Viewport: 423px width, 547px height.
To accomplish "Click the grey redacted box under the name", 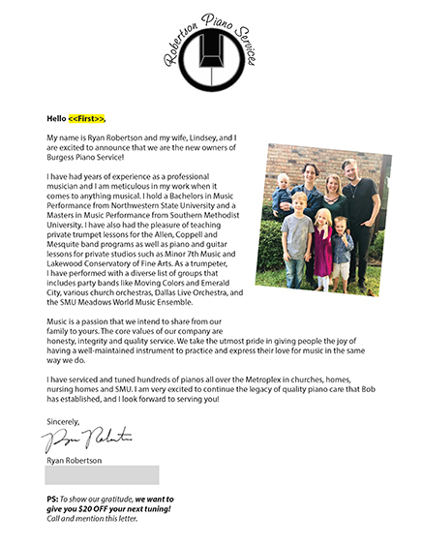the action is click(x=102, y=474).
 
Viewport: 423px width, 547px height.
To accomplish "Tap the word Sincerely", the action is click(x=66, y=420).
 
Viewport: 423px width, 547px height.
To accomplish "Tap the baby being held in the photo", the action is click(x=284, y=192).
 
